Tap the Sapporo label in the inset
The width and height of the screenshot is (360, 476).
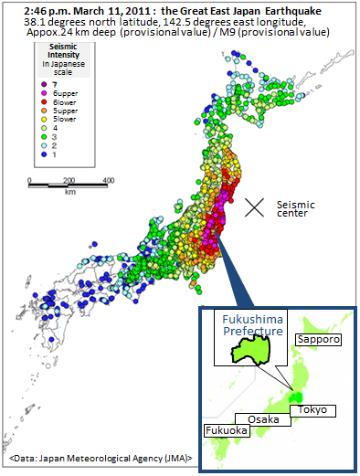coord(317,339)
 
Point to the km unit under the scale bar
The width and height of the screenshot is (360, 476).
coord(69,193)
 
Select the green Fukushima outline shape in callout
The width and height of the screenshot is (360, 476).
coord(241,348)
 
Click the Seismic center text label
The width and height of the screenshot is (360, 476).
coord(295,210)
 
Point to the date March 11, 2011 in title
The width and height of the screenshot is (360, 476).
coord(90,8)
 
